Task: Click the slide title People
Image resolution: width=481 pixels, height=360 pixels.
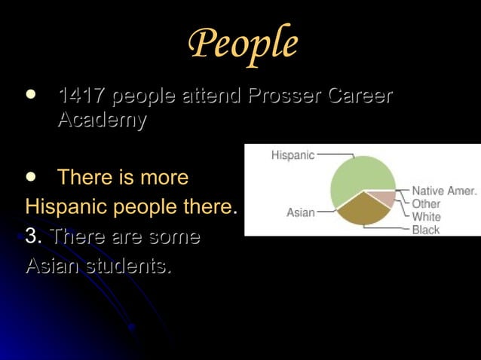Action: [x=242, y=44]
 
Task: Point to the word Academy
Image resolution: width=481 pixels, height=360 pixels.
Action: [x=102, y=120]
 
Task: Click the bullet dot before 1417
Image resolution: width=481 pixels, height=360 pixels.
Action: [x=30, y=96]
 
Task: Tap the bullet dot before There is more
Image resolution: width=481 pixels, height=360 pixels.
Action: [x=30, y=176]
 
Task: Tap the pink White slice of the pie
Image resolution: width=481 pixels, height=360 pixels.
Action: [x=384, y=198]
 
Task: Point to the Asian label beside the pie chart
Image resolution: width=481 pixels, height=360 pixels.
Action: [x=301, y=213]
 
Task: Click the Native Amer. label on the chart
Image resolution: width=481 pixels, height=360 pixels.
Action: [x=444, y=191]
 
